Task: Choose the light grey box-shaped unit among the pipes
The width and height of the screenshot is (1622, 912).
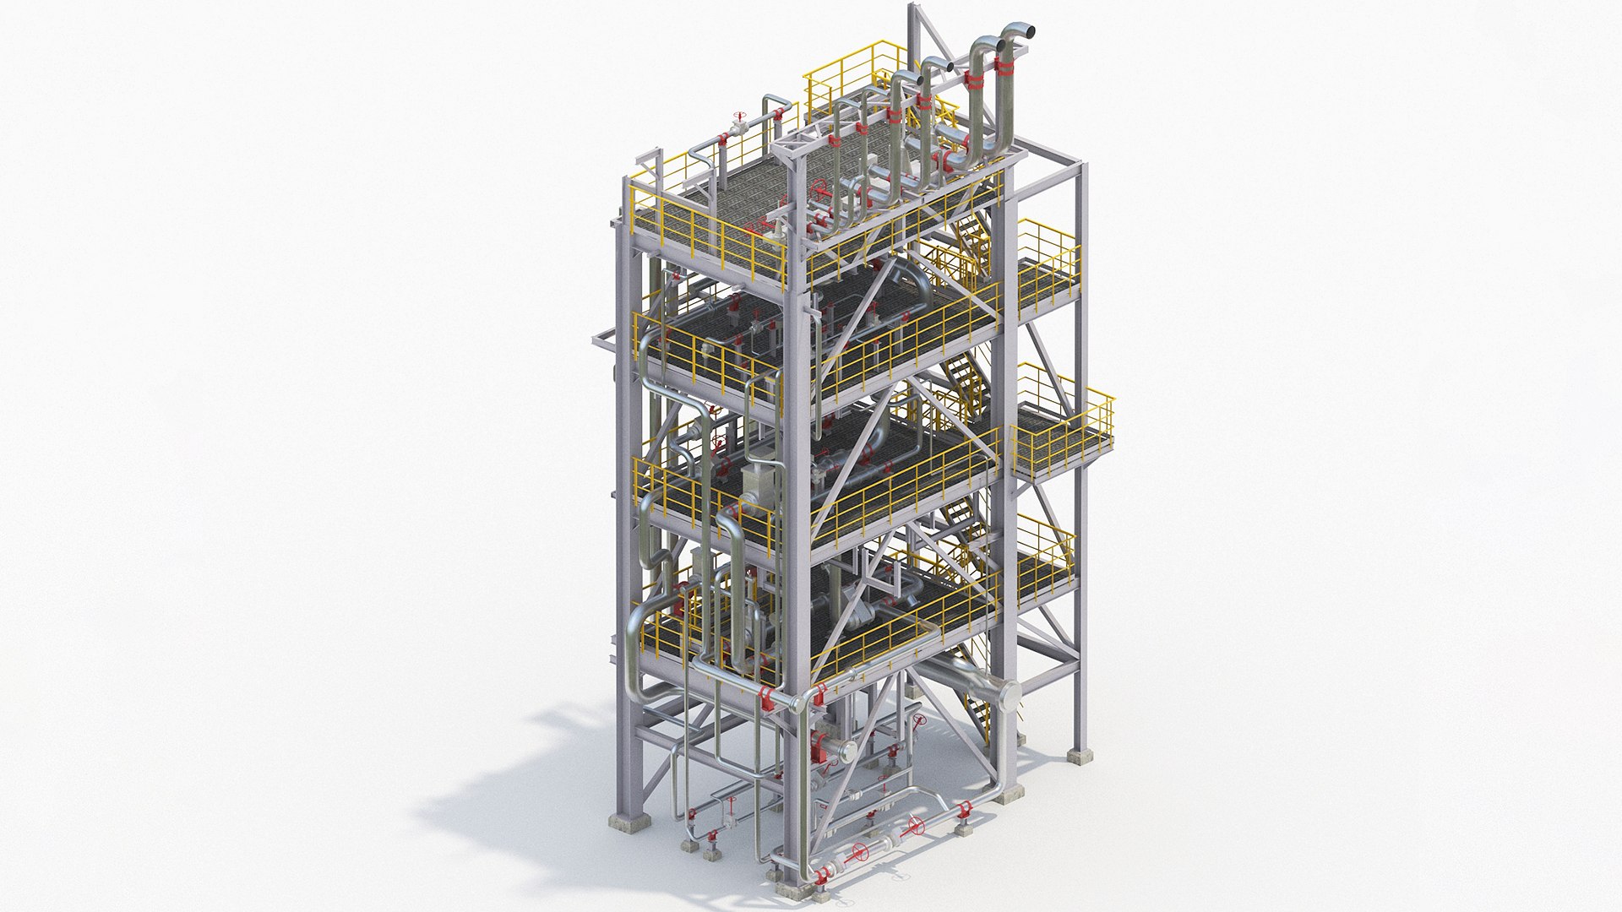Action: (x=758, y=481)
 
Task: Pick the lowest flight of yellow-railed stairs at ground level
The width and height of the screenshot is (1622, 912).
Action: (x=980, y=709)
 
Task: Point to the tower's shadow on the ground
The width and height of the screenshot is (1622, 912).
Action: (x=524, y=777)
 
